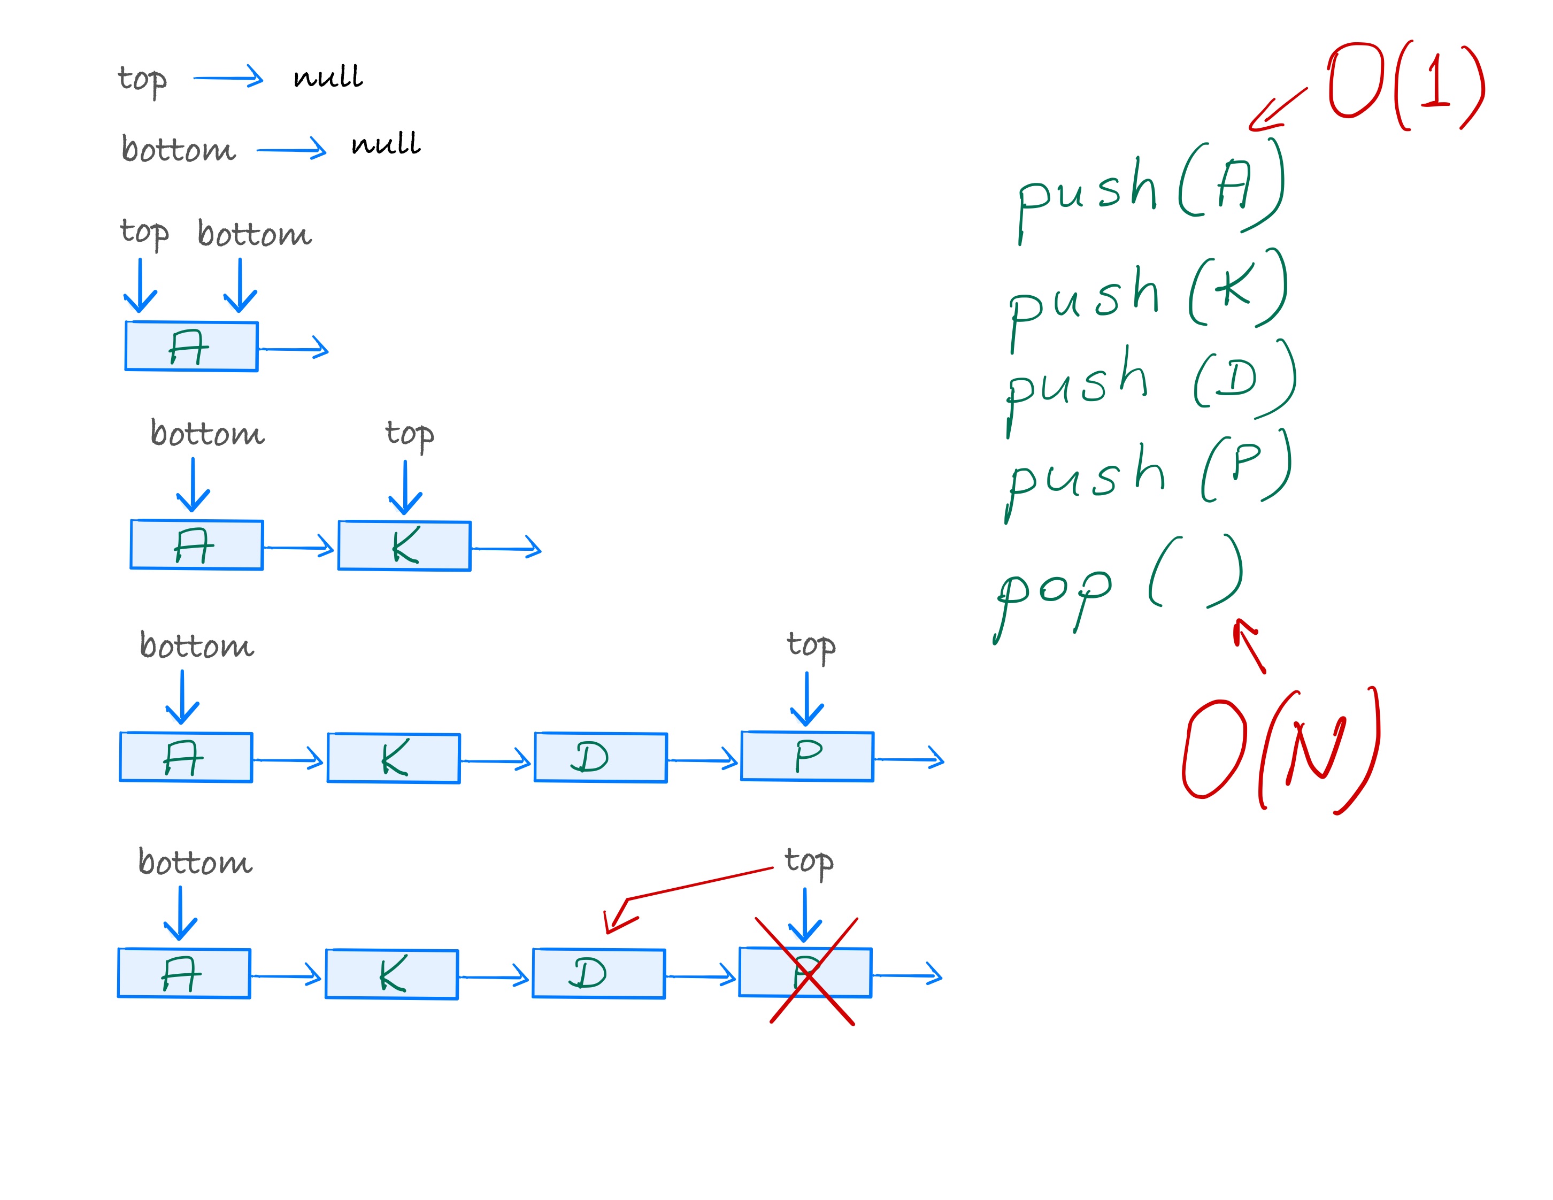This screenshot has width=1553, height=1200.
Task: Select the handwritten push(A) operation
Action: coord(1148,188)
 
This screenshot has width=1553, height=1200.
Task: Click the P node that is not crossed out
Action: coord(807,756)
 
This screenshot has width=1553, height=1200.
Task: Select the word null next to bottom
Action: coord(386,144)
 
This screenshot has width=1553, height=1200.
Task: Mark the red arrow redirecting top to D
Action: coord(682,892)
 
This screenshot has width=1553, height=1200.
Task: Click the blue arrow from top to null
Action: coord(227,77)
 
